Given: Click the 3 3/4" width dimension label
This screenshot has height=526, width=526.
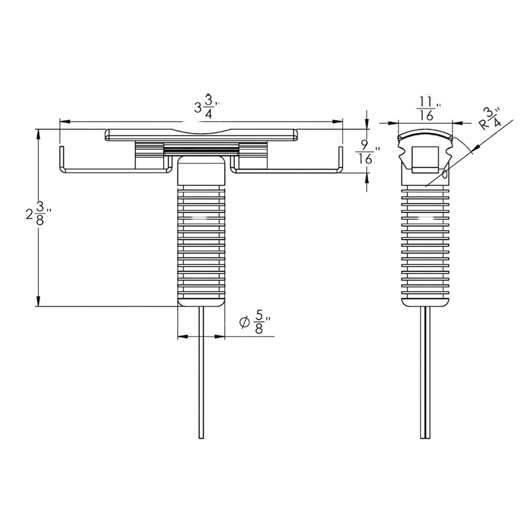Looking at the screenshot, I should click(x=205, y=107).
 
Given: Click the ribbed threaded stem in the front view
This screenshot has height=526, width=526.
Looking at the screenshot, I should click(x=201, y=242).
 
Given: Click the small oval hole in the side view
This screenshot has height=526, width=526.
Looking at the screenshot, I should click(x=446, y=173).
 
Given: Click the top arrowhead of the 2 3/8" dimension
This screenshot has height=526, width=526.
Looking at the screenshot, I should click(x=38, y=134).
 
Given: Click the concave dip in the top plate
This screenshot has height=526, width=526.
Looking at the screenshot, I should click(x=201, y=132).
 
